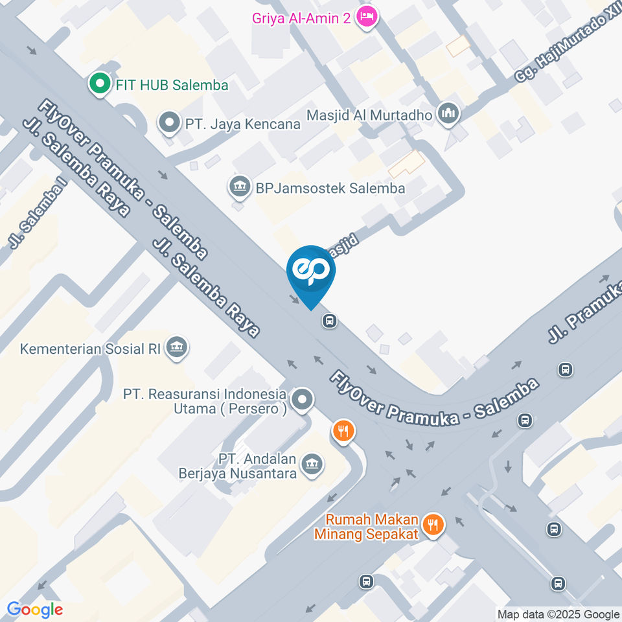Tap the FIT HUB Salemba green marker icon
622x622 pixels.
pyautogui.click(x=99, y=84)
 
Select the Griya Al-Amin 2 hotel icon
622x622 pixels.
pyautogui.click(x=366, y=17)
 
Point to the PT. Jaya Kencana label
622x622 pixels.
pyautogui.click(x=243, y=123)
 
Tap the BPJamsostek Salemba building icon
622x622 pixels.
pyautogui.click(x=240, y=187)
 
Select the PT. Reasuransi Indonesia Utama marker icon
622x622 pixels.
pyautogui.click(x=302, y=400)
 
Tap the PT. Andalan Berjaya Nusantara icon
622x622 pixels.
pyautogui.click(x=313, y=464)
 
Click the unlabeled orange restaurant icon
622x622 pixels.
pyautogui.click(x=343, y=430)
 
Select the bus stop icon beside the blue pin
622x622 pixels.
pyautogui.click(x=330, y=320)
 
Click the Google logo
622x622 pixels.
pyautogui.click(x=35, y=609)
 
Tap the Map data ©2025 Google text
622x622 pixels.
pyautogui.click(x=558, y=614)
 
